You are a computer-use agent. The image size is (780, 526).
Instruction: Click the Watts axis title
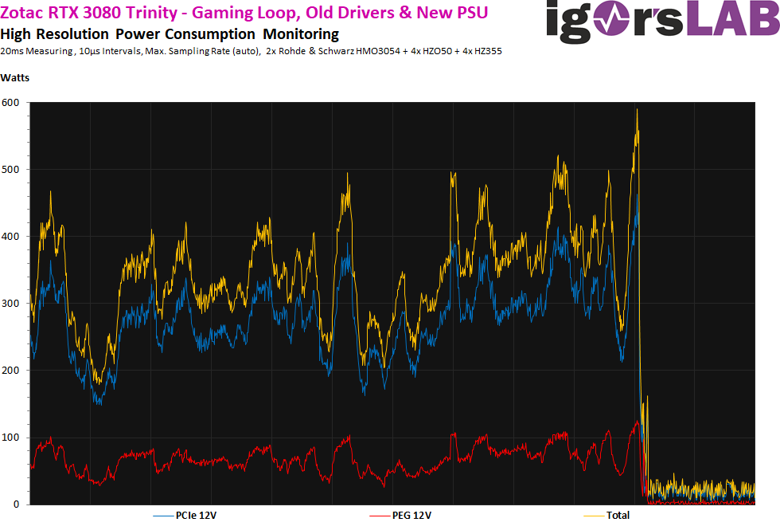tap(14, 77)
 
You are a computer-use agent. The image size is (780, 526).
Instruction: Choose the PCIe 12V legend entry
tap(196, 516)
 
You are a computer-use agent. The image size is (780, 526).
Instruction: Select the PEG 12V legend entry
tap(411, 516)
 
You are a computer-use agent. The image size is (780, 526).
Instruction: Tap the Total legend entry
tap(618, 516)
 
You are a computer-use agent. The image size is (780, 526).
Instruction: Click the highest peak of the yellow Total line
tap(638, 110)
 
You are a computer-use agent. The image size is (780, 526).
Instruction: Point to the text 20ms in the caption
tap(13, 51)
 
